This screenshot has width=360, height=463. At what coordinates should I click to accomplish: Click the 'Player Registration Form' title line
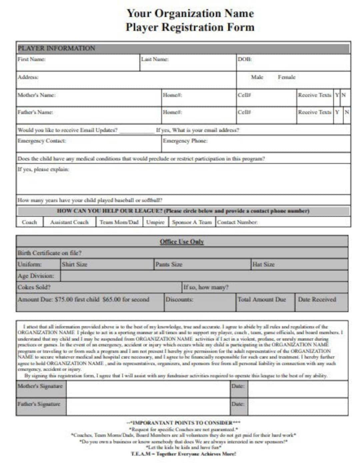[x=190, y=27]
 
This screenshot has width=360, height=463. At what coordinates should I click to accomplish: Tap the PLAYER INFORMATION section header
[x=56, y=48]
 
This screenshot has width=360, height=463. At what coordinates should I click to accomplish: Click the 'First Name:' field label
[x=31, y=59]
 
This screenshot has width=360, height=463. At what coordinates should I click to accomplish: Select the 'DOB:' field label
[x=245, y=59]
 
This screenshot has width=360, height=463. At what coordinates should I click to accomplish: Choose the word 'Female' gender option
[x=287, y=77]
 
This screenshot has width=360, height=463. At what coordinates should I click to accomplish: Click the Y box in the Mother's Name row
[x=337, y=95]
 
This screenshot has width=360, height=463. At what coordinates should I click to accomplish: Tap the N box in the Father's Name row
[x=347, y=112]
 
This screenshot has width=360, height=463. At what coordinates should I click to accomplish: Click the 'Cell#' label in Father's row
[x=244, y=112]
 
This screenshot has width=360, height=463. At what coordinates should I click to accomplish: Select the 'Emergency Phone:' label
[x=185, y=141]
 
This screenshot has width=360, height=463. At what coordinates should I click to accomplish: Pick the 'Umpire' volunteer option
[x=155, y=222]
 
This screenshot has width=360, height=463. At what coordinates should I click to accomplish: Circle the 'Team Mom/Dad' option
[x=119, y=222]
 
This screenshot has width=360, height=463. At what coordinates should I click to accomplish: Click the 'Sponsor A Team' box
[x=192, y=222]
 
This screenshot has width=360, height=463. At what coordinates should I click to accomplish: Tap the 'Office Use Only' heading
[x=182, y=242]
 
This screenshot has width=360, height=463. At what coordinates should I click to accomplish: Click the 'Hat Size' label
[x=263, y=265]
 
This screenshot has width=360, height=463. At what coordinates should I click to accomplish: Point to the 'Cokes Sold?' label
[x=34, y=287]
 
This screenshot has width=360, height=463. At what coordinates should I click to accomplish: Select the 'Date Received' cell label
[x=317, y=300]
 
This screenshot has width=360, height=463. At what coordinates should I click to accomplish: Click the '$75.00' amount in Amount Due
[x=64, y=300]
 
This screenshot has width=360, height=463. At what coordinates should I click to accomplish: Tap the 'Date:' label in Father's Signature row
[x=238, y=404]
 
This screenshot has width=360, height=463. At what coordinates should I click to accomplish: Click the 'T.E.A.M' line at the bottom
[x=183, y=454]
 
